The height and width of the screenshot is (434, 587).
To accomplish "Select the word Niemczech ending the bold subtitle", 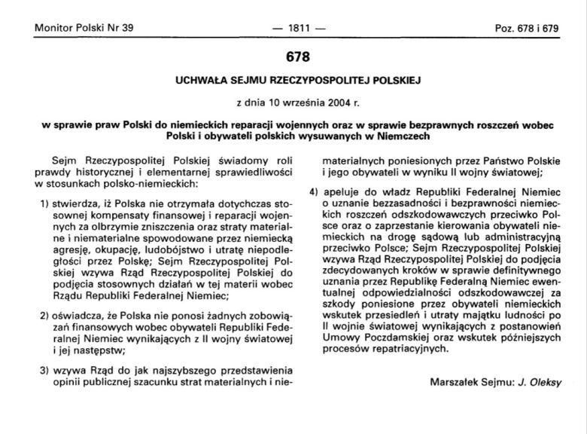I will tap(388, 136).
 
